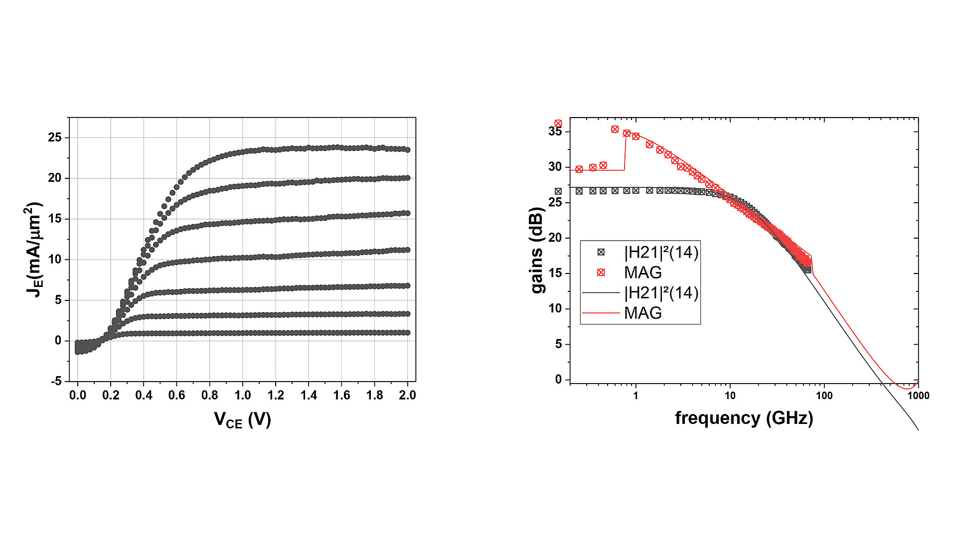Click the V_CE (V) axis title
tap(243, 419)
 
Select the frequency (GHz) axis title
tap(744, 417)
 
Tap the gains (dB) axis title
tap(538, 250)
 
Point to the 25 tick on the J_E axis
tap(55, 137)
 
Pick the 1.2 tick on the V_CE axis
tap(276, 396)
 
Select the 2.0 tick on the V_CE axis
tap(407, 396)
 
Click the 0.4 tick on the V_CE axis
tap(144, 396)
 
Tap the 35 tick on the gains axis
tap(555, 132)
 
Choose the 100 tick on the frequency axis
tap(824, 396)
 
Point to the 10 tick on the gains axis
tap(555, 309)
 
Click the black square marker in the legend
tap(601, 253)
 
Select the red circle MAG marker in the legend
tap(601, 272)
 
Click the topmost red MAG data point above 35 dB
tap(558, 123)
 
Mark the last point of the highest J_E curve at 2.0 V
tap(407, 149)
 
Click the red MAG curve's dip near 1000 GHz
tap(906, 388)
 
